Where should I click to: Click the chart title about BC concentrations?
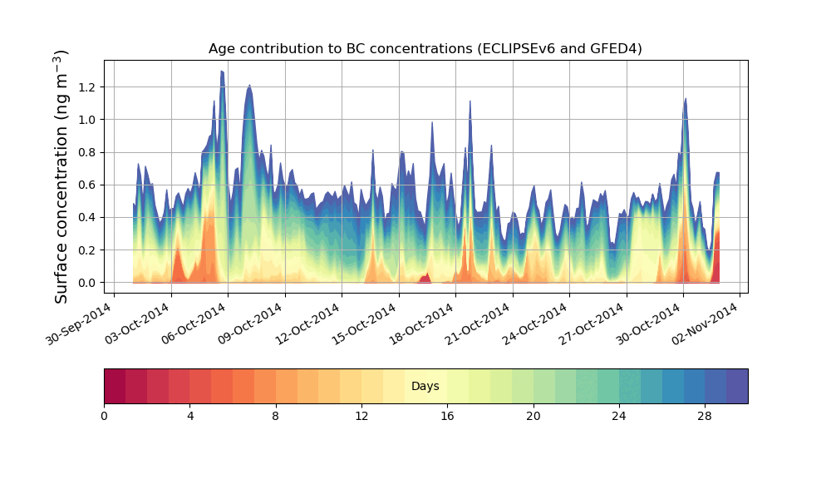click(425, 49)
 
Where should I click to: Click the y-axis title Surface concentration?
click(61, 176)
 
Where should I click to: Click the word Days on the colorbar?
click(425, 387)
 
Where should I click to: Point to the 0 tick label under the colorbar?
click(104, 416)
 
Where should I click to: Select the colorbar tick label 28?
click(704, 416)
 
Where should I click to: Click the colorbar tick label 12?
click(361, 416)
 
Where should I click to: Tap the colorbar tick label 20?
click(533, 416)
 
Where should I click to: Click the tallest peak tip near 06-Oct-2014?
click(222, 72)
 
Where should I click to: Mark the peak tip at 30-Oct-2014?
click(686, 99)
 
